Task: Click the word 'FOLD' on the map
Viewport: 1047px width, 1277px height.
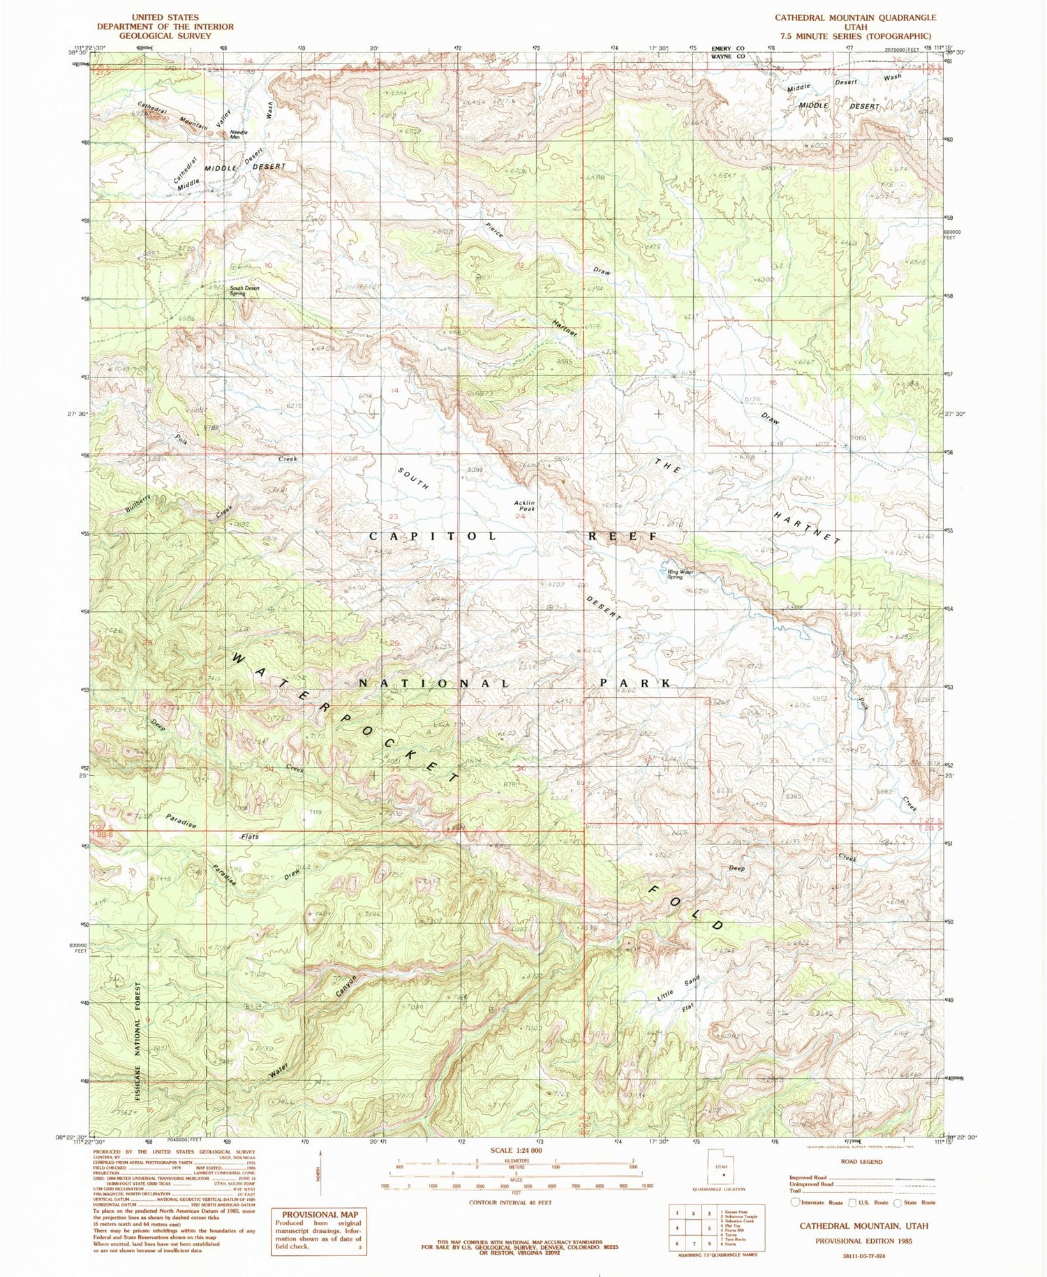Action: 687,907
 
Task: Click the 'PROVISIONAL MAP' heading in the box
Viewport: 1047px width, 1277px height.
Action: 320,1215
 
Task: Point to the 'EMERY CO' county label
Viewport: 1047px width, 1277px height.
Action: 727,48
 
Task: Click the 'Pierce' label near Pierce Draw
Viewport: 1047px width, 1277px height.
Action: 495,230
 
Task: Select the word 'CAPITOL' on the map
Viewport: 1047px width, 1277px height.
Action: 433,536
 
